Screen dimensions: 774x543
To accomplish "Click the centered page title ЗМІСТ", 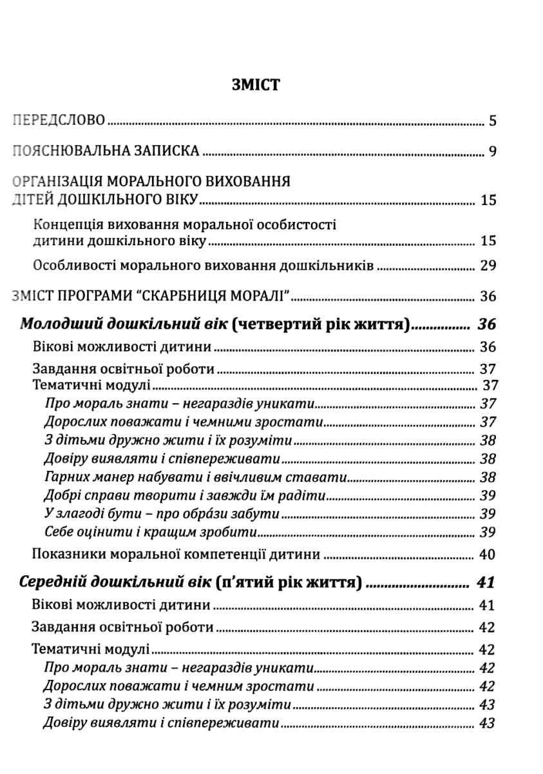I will click(x=255, y=84).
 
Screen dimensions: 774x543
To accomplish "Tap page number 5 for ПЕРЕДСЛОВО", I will click(x=492, y=121).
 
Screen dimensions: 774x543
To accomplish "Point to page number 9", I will click(x=492, y=152).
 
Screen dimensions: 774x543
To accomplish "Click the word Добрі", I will click(x=61, y=497).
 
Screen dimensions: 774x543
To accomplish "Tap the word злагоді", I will click(x=80, y=515).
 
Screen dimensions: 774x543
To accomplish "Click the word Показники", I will click(x=66, y=554).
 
